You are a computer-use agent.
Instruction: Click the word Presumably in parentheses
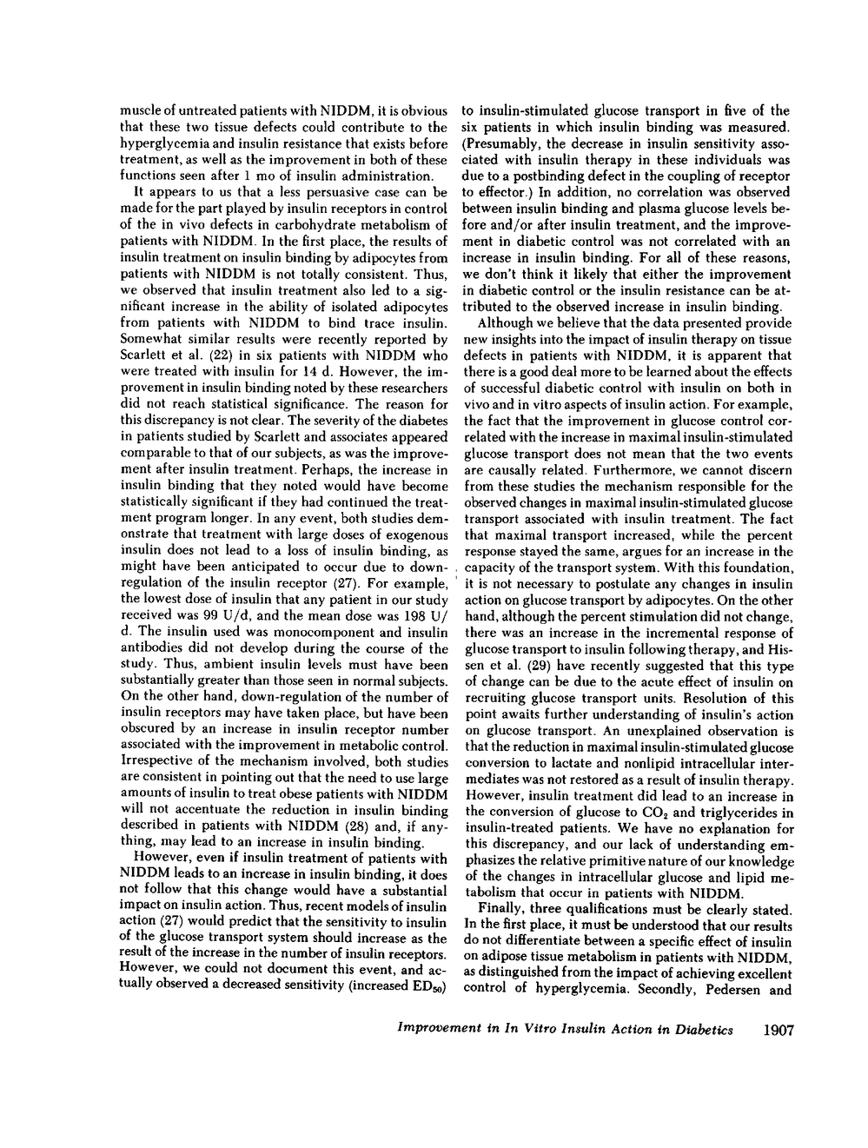[x=502, y=143]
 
